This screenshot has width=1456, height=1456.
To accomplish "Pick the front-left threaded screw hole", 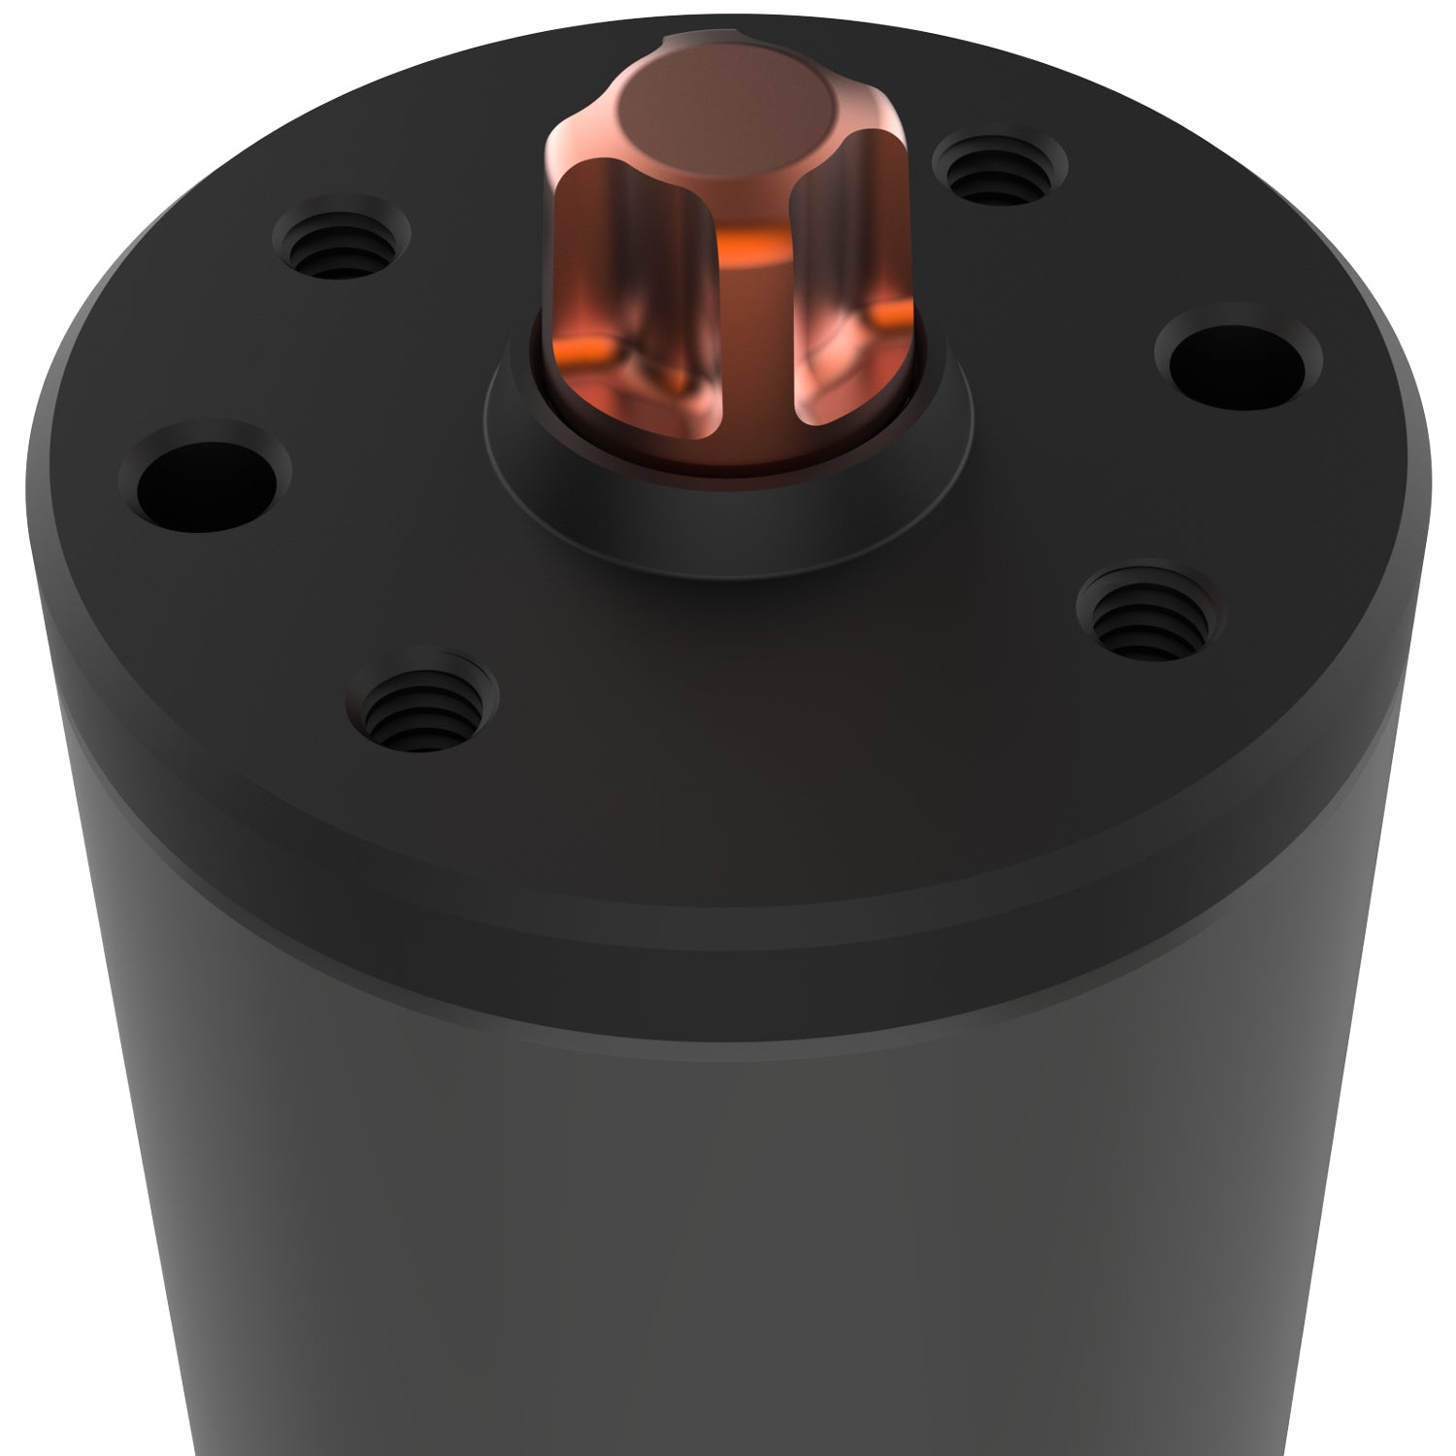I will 420,704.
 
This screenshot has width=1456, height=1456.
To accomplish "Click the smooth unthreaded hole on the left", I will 213,477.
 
